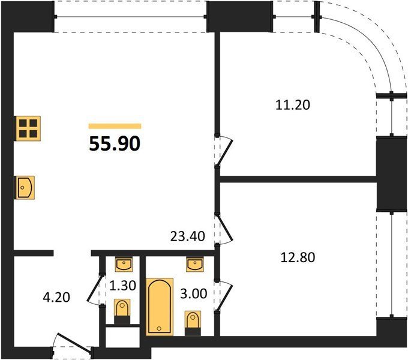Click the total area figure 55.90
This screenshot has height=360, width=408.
[115, 143]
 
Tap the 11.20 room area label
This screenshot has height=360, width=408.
[293, 105]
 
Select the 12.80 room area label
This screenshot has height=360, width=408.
[298, 257]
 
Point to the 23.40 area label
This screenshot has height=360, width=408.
[188, 236]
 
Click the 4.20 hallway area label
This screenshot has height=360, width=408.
[56, 298]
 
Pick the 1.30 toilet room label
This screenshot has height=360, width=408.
[122, 286]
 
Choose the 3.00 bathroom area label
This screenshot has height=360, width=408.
[194, 293]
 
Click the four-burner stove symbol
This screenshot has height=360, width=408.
[28, 128]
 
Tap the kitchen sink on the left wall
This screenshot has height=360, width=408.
[25, 188]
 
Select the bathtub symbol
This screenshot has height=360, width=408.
[160, 307]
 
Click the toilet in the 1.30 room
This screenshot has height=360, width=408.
[122, 311]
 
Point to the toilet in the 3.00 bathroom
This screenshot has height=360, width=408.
[193, 323]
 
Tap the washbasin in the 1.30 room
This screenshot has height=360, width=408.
[124, 264]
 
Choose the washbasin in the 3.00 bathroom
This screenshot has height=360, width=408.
[195, 264]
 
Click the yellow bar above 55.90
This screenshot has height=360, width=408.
[115, 126]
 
